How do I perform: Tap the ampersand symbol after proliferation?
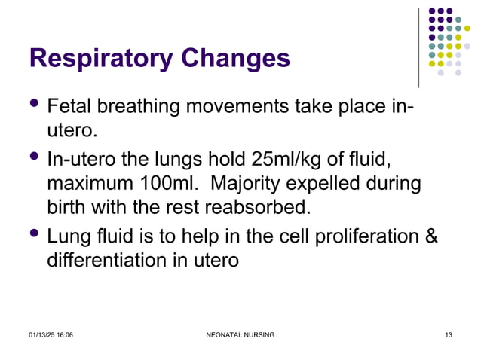(430, 236)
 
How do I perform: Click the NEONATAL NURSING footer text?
(240, 334)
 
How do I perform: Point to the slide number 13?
(448, 334)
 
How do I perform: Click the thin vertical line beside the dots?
(418, 47)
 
